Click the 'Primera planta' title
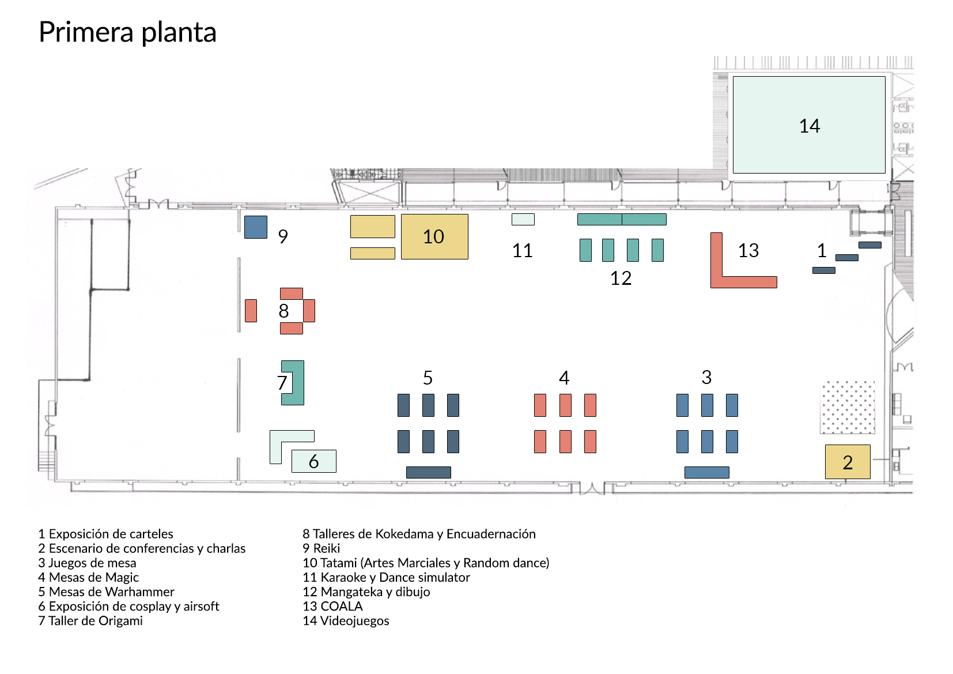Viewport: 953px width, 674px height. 127,32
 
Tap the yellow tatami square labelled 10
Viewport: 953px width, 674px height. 434,236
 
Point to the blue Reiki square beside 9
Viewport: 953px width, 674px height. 256,227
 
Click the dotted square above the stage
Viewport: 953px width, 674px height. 847,407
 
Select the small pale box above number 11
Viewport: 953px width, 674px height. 523,219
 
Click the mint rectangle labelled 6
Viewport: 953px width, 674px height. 313,461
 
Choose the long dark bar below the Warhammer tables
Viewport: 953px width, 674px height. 428,472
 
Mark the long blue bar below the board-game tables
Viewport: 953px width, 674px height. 706,472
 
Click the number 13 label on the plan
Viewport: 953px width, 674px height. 748,251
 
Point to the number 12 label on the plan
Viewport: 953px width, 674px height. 621,278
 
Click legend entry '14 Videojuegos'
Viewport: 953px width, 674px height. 346,621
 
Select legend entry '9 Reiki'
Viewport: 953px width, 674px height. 321,548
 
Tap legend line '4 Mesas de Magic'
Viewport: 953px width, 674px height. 88,577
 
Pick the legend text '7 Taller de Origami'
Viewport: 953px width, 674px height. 90,621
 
